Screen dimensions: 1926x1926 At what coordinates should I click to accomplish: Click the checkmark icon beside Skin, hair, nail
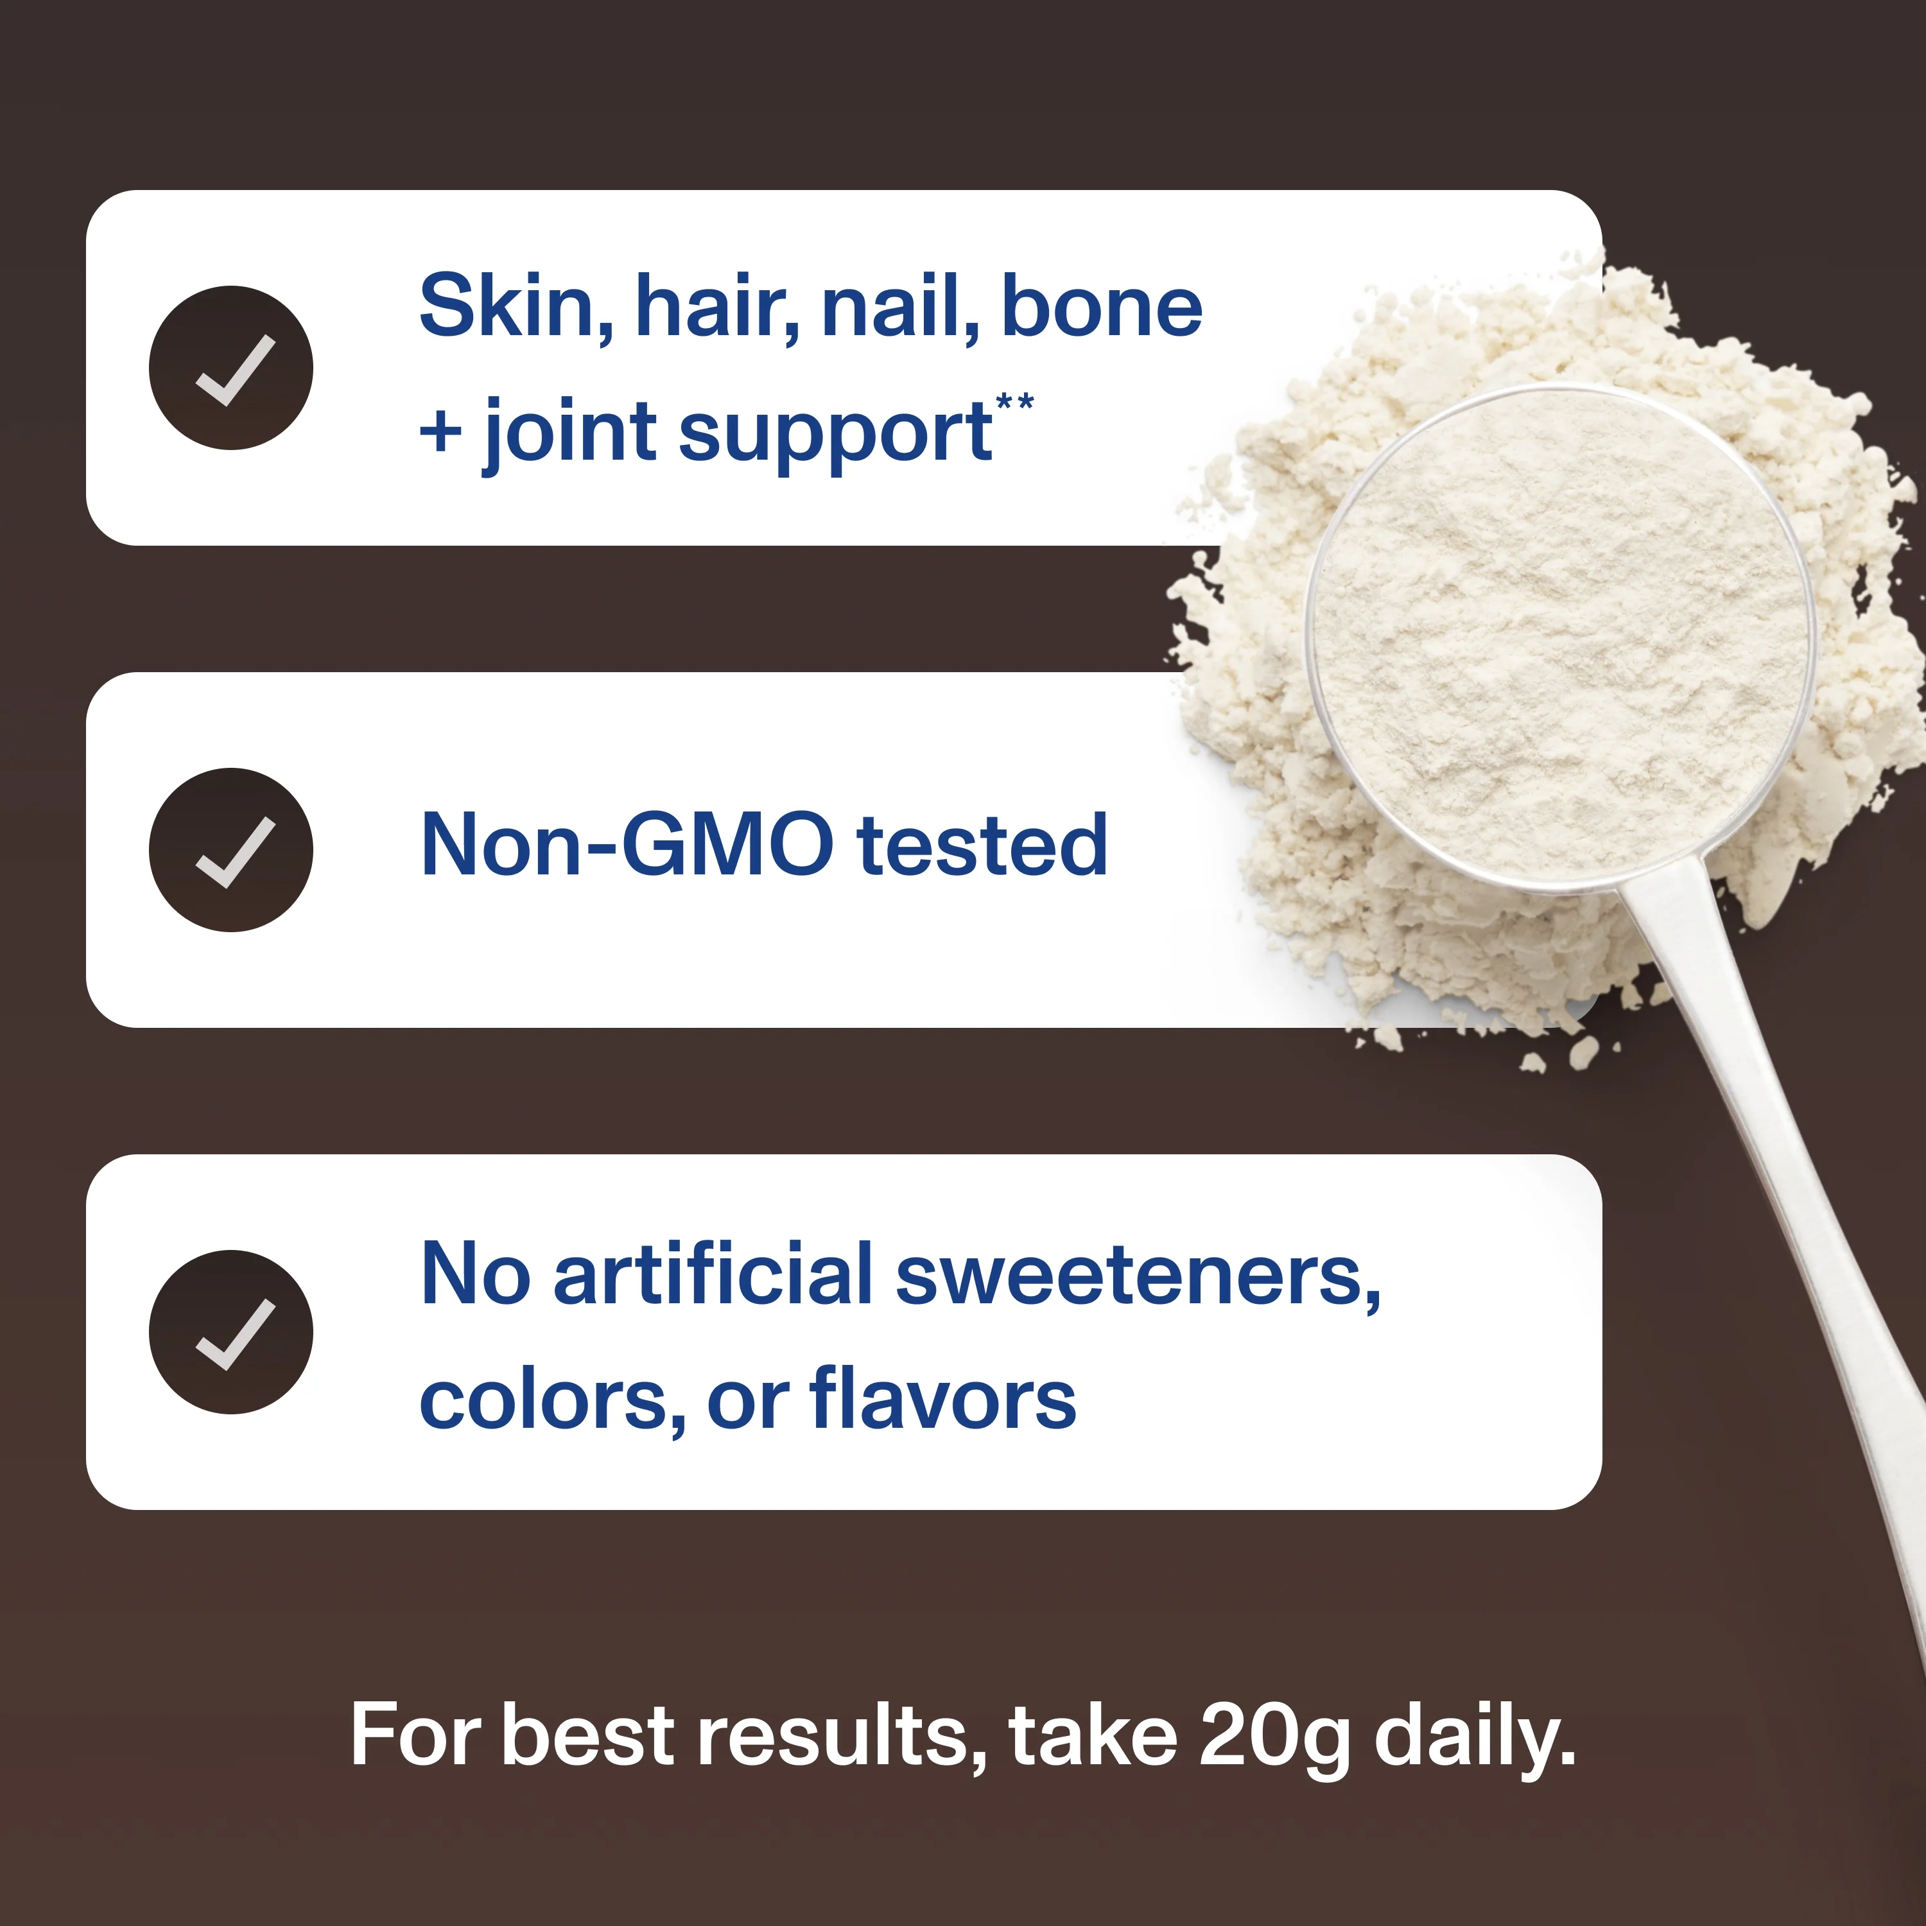click(x=230, y=368)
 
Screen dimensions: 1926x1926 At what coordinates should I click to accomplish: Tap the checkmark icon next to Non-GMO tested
click(x=230, y=851)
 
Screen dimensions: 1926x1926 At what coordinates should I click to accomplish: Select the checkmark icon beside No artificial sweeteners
click(x=230, y=1332)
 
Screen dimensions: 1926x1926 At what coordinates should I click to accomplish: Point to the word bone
click(x=1102, y=306)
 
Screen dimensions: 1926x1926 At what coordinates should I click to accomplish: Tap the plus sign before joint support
click(x=440, y=433)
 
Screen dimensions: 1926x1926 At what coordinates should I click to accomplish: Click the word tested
click(x=982, y=846)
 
